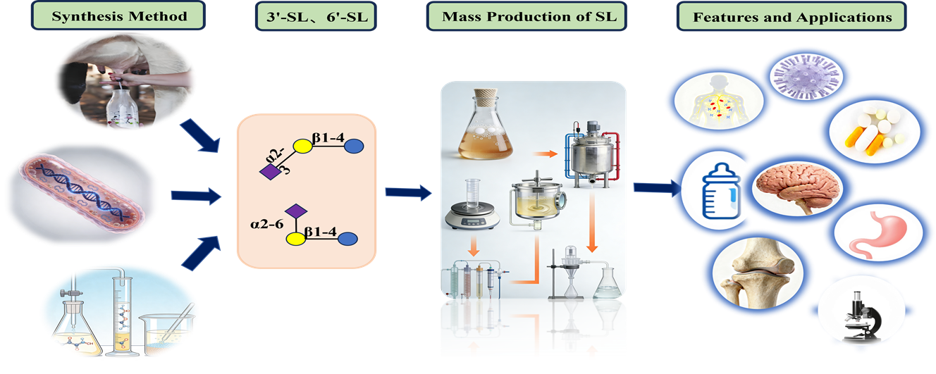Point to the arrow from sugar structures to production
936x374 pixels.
click(408, 190)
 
